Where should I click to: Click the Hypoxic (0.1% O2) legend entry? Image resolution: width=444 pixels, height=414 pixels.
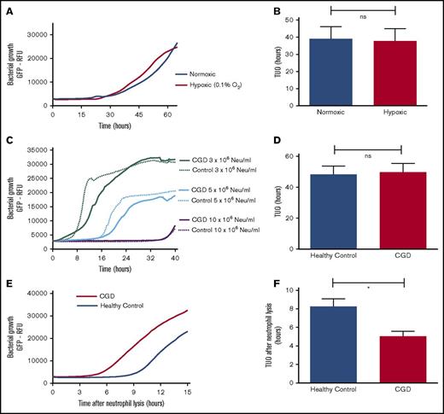point(205,86)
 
